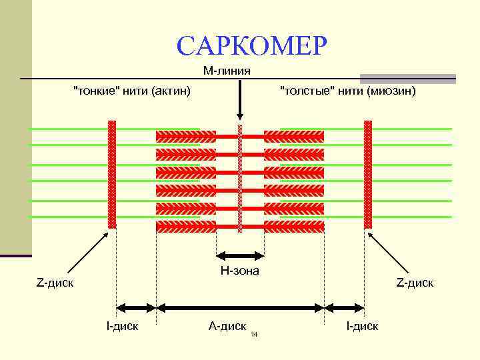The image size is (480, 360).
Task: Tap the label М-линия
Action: click(227, 71)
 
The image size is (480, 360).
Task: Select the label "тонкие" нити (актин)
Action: click(131, 90)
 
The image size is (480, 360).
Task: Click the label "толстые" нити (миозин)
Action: click(347, 90)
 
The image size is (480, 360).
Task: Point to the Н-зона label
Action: click(239, 271)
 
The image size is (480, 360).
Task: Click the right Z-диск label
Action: click(415, 283)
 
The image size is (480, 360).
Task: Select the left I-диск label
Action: click(122, 325)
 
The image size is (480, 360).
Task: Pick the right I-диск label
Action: click(362, 325)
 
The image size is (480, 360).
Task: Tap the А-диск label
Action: click(227, 325)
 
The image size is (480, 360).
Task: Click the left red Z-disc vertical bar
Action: click(112, 175)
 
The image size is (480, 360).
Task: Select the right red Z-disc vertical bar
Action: click(367, 175)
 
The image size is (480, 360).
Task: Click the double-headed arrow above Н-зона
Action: click(240, 254)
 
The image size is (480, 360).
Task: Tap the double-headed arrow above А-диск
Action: click(240, 307)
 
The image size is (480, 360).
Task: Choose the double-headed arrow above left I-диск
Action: click(136, 307)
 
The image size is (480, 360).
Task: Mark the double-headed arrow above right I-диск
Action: click(344, 307)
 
